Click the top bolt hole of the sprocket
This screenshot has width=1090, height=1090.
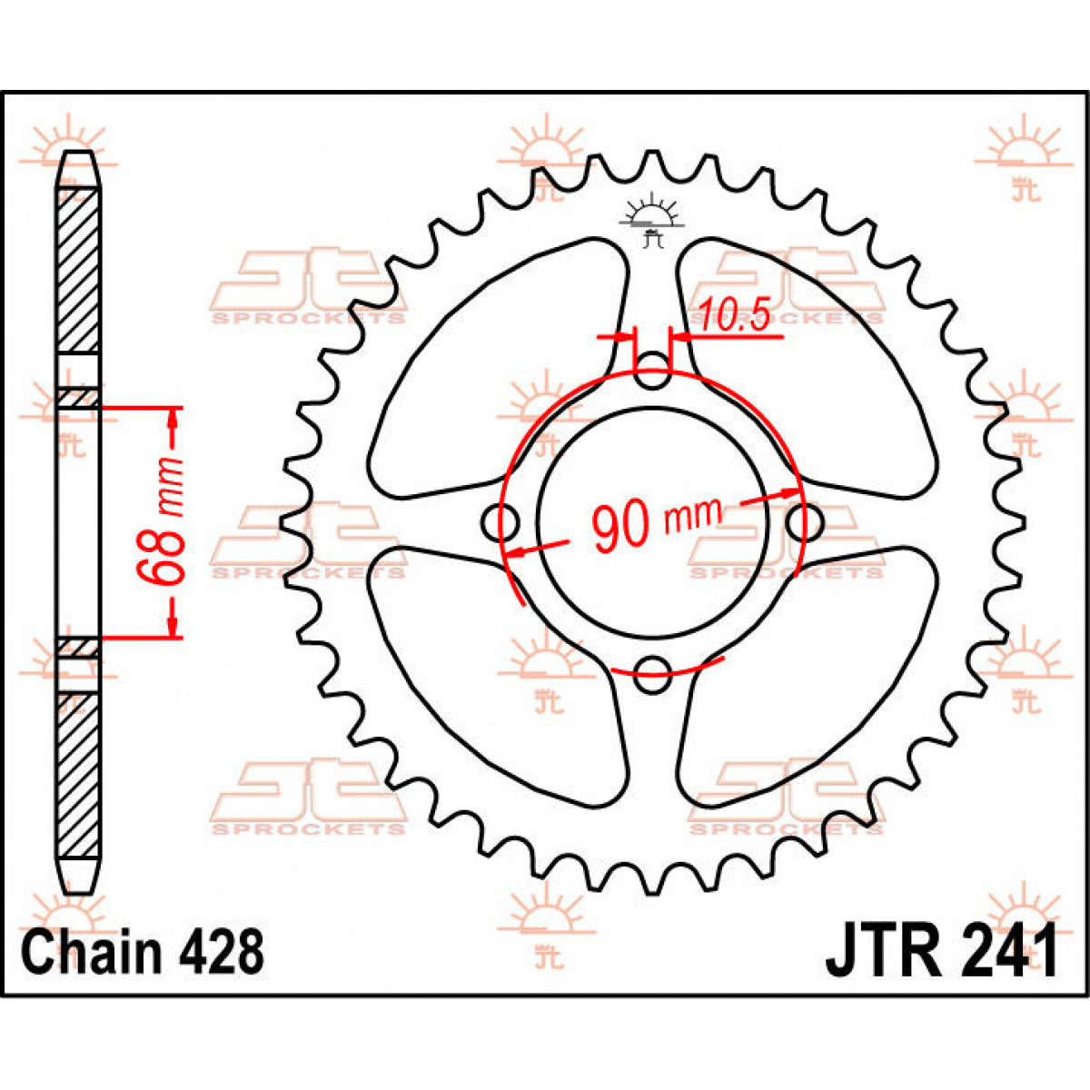pyautogui.click(x=652, y=371)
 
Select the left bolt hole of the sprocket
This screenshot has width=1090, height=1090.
pyautogui.click(x=500, y=522)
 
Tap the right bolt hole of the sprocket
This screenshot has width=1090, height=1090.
pyautogui.click(x=805, y=522)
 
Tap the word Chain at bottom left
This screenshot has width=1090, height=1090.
pyautogui.click(x=92, y=963)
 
